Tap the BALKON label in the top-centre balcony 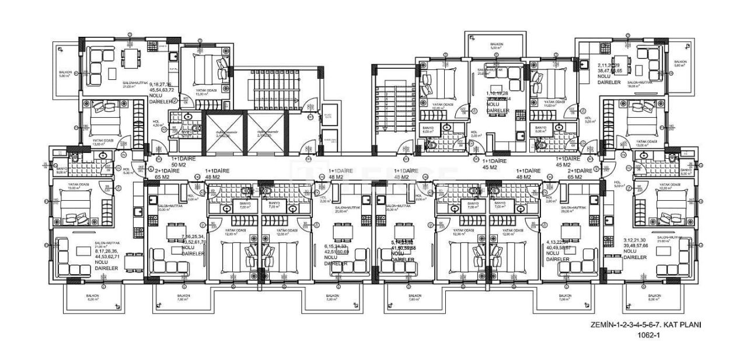496,46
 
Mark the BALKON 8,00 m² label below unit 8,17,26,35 93,297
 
